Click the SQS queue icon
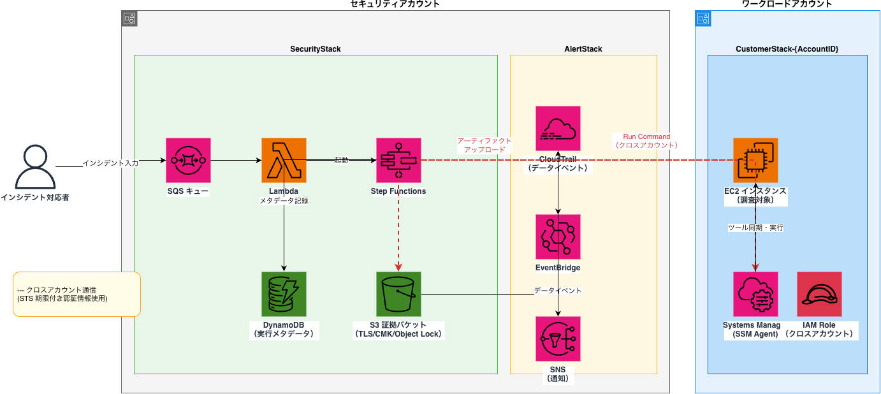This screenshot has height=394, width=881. point(188,160)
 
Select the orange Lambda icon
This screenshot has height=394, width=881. point(284,160)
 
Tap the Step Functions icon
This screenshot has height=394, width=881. point(398,160)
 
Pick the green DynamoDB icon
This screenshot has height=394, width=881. point(284,294)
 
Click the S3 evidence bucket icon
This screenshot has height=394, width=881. point(398,294)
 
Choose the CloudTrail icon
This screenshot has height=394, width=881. point(558,128)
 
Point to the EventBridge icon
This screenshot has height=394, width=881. point(558,237)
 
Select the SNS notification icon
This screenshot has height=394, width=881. point(558,339)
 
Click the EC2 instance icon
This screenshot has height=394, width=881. point(755,160)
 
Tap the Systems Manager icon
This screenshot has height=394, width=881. point(755,294)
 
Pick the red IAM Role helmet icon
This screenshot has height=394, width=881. point(819,294)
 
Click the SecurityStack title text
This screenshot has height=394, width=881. point(315,49)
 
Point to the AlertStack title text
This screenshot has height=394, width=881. point(583,49)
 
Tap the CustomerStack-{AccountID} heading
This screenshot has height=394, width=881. point(787,49)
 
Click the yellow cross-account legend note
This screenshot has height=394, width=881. point(76,294)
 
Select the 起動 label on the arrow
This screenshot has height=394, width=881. point(341,160)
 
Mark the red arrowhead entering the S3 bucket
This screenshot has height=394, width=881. point(398,267)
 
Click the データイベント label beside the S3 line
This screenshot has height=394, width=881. point(558,291)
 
